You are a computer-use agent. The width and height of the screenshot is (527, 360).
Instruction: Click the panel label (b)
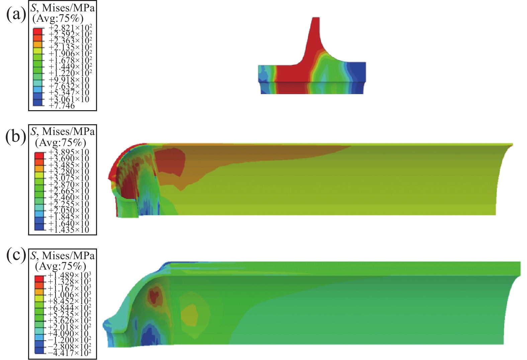click(x=16, y=137)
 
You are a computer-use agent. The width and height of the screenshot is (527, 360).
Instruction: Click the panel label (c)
click(x=16, y=256)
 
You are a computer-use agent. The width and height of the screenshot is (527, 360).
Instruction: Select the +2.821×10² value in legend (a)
click(x=70, y=28)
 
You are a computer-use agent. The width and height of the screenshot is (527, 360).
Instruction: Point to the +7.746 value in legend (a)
click(x=62, y=106)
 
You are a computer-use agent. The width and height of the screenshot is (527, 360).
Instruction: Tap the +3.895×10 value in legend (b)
click(x=69, y=152)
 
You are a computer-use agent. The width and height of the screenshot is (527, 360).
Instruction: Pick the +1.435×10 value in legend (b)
click(x=69, y=230)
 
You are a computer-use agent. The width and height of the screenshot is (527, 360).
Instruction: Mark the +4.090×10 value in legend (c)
click(x=68, y=334)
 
